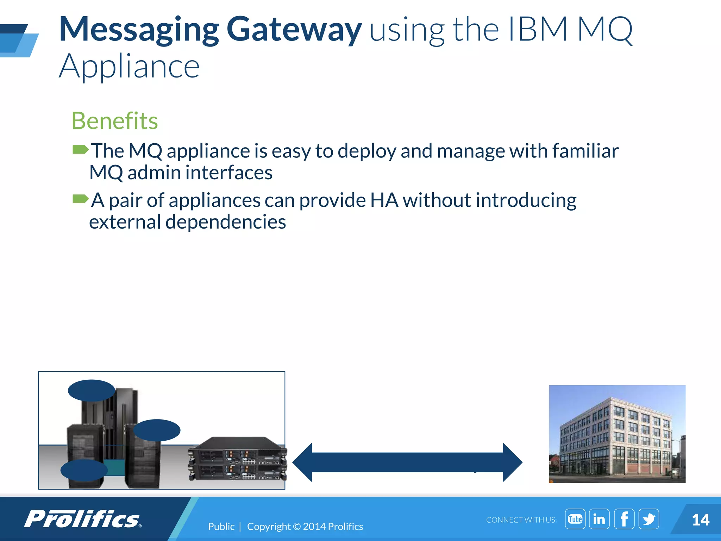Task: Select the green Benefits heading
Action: pos(115,121)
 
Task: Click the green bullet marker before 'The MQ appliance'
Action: pos(80,150)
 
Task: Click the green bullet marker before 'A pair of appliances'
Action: pos(80,199)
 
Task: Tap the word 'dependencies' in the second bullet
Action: pos(225,222)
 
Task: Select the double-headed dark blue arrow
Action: pos(407,462)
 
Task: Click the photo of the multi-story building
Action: pos(617,434)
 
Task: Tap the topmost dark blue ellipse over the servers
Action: pos(92,390)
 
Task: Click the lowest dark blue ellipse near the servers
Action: pos(84,470)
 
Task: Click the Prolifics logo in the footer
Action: pos(83,519)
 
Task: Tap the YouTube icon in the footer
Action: pos(575,519)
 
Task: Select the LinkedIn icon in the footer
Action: pos(599,519)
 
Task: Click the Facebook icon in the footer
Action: pos(624,519)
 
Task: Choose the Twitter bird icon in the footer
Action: pos(648,519)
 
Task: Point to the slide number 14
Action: pos(700,520)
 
